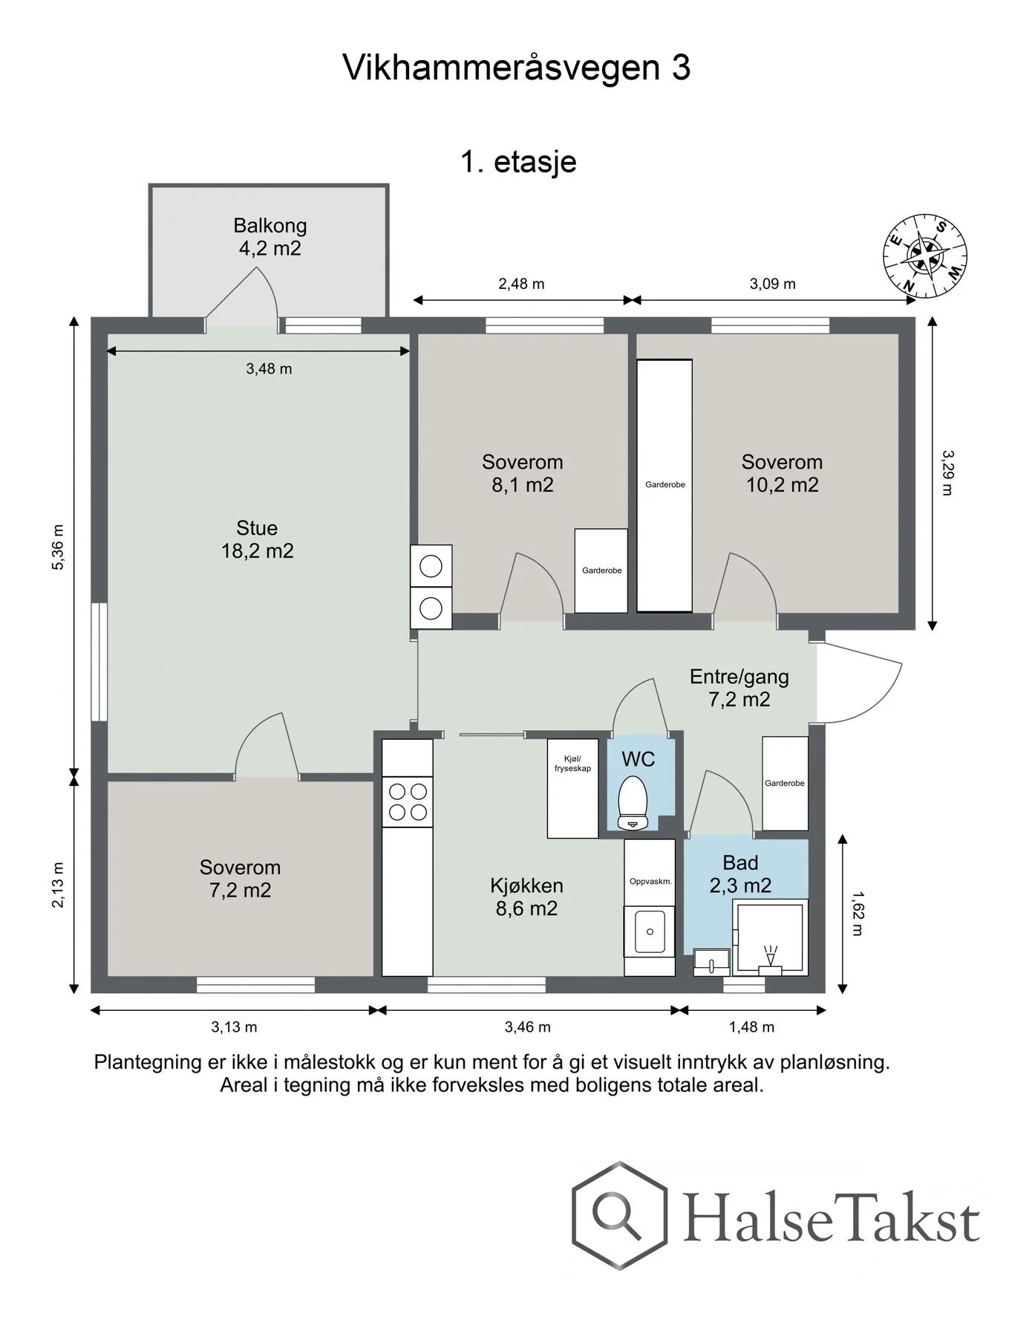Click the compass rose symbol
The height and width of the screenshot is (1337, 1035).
pos(925,257)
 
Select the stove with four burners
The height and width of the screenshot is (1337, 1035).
pos(408,802)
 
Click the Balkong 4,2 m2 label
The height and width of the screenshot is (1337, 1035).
pos(270,237)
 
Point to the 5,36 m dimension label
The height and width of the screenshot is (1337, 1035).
pos(58,547)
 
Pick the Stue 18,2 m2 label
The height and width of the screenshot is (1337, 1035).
pos(257,539)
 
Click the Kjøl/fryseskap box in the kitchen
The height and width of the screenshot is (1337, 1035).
pos(572,788)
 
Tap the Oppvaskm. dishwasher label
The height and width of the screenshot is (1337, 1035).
pos(650,882)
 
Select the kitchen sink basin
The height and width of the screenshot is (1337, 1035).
pos(650,931)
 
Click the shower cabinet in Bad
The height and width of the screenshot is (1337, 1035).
pos(770,937)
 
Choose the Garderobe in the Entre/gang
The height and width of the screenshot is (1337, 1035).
pos(785,784)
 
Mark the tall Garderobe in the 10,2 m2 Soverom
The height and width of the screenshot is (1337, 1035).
pos(665,486)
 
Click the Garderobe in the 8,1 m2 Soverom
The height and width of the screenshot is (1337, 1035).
pos(601,570)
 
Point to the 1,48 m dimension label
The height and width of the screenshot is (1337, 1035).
pos(751,1027)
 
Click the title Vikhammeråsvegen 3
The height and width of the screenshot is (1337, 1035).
pos(517,68)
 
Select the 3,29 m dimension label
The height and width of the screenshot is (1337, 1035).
pos(947,472)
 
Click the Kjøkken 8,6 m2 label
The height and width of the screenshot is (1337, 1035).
pos(526,897)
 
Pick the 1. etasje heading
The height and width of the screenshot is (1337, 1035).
pos(518,162)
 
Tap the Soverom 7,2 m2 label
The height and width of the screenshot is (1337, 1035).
pos(240,879)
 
